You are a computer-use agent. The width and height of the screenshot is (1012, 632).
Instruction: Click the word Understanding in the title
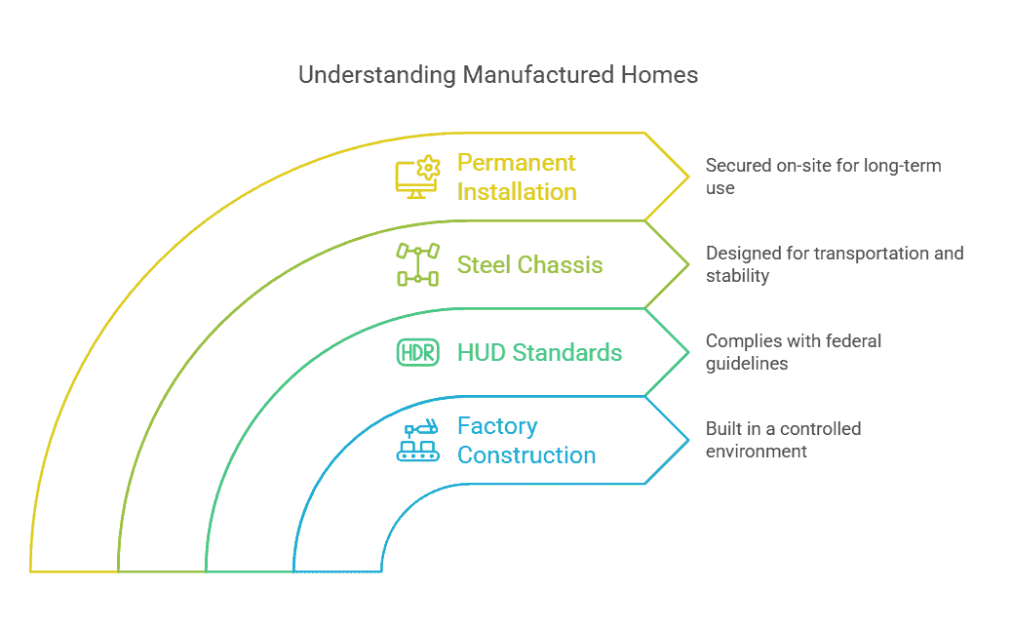377,75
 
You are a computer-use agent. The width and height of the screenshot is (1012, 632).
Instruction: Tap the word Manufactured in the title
538,75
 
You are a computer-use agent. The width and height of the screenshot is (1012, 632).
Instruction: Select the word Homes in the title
660,75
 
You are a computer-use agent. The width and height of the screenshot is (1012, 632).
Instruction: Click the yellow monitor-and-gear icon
417,177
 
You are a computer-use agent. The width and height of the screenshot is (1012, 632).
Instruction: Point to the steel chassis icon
417,264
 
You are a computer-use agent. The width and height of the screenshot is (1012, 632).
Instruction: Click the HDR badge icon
417,352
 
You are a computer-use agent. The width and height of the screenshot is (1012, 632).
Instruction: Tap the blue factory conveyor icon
417,440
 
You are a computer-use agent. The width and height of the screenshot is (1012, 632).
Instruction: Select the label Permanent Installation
517,177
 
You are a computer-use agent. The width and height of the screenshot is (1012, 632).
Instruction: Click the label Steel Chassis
529,264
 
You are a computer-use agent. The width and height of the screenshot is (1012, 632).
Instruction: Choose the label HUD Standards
539,352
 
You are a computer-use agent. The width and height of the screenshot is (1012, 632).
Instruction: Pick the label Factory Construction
526,440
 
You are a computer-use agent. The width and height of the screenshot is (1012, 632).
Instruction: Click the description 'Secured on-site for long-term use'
823,177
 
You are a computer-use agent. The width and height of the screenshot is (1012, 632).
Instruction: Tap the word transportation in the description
872,253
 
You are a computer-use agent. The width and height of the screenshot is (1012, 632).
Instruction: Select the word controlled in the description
820,428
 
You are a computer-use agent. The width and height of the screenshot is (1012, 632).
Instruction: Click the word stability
737,276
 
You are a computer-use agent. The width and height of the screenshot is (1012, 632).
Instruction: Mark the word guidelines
747,364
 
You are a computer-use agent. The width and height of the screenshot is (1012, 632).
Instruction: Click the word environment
756,452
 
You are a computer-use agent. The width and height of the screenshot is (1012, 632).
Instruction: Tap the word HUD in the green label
482,352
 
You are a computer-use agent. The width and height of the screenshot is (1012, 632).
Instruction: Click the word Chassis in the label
561,264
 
